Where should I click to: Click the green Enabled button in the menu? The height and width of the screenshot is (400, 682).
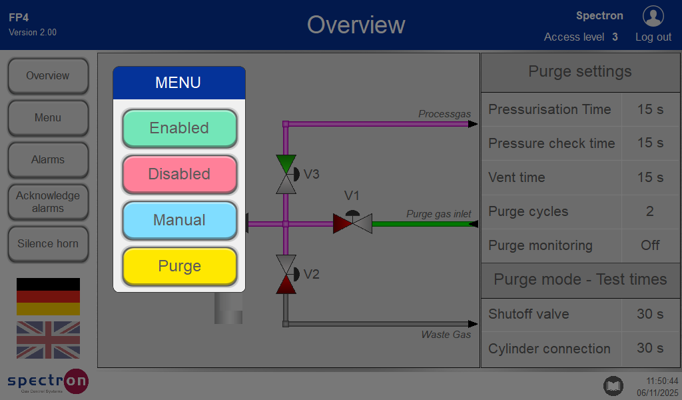(x=179, y=128)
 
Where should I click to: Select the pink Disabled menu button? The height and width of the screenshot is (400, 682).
(x=179, y=174)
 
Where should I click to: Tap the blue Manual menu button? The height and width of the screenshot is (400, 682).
(x=179, y=220)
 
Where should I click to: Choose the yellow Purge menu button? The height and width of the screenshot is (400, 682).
(x=179, y=266)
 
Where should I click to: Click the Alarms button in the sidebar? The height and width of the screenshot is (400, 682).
(x=48, y=160)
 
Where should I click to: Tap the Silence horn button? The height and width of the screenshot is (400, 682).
(x=48, y=244)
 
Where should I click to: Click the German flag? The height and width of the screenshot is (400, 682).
(x=48, y=297)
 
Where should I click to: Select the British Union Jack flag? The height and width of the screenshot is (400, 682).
(x=48, y=340)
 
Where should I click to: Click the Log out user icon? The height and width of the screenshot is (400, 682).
(x=653, y=16)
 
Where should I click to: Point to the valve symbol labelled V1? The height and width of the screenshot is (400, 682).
(x=352, y=223)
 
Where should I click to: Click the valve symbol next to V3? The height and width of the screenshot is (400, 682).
(x=286, y=174)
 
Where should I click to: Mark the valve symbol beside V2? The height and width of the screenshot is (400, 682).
(x=286, y=274)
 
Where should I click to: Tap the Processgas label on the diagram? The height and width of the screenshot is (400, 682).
(x=444, y=114)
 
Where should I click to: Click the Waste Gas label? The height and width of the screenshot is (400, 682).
(x=446, y=334)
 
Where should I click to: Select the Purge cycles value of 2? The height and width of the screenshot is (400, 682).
(x=650, y=211)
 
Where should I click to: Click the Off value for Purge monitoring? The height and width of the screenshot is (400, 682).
(x=650, y=245)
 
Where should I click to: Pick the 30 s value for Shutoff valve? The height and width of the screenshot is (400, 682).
(x=650, y=314)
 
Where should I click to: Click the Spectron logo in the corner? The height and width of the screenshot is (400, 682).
(x=48, y=381)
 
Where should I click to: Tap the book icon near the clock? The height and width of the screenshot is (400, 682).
(x=613, y=385)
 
